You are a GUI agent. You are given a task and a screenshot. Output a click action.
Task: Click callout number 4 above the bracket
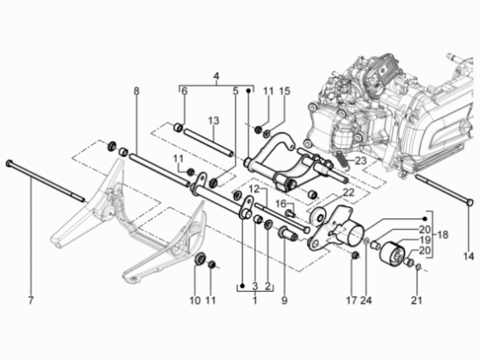point(216,76)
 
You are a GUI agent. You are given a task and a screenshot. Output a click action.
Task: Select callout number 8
point(136,91)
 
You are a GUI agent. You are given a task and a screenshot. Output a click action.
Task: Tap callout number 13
point(213,121)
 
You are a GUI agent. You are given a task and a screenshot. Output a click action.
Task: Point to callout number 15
point(284,91)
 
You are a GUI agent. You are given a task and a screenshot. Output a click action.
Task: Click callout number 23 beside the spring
point(360,161)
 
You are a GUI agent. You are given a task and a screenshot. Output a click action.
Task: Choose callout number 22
point(348,192)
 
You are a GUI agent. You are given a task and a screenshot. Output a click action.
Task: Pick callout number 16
point(281,204)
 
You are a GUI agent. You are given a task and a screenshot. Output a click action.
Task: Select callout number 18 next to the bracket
point(442,235)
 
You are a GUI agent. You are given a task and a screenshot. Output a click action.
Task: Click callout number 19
point(425,240)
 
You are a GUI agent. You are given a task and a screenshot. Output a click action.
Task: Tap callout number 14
point(469,256)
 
